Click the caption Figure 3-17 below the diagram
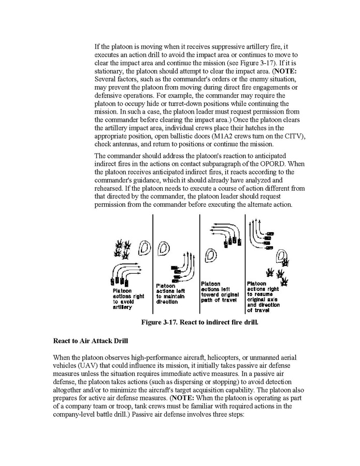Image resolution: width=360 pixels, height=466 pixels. point(199,322)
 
